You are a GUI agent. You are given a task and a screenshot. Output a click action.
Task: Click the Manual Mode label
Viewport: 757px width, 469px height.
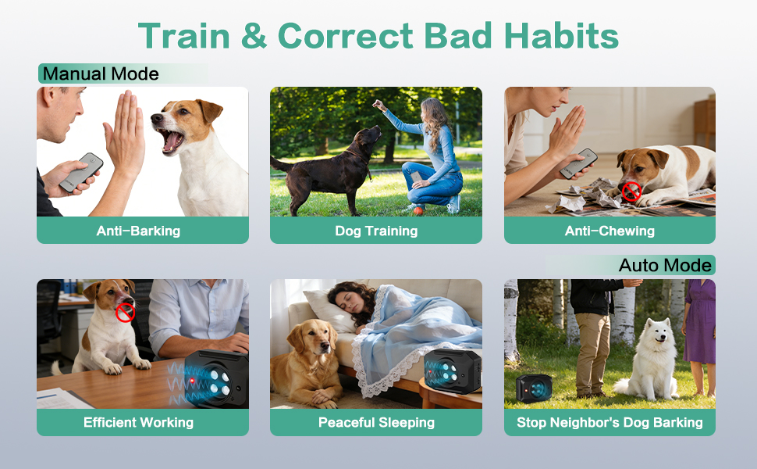[101, 74]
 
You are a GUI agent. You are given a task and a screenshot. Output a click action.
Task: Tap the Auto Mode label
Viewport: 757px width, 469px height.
[665, 266]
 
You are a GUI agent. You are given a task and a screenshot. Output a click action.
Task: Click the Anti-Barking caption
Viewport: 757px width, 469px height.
[138, 231]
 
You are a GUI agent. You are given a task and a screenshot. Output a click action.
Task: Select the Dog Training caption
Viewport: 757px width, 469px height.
[376, 231]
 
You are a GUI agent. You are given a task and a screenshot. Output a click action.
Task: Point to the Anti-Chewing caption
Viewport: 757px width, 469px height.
[610, 231]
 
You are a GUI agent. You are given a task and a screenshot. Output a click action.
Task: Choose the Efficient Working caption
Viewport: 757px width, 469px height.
[138, 423]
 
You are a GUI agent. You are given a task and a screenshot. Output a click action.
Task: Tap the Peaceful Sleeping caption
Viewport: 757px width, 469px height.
[376, 423]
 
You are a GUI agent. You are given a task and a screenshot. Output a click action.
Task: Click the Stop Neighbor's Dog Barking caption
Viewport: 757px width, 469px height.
[610, 423]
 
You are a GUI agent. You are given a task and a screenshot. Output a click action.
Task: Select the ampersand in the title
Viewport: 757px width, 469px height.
[254, 36]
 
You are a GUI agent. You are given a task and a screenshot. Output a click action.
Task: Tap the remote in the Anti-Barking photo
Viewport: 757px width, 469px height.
[80, 173]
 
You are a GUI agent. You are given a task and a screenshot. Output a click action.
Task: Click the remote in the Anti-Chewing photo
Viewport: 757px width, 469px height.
[578, 163]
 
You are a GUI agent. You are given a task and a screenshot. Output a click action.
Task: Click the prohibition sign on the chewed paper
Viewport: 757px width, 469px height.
[631, 191]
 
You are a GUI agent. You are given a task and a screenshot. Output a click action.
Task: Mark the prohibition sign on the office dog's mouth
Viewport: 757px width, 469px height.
[125, 313]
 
